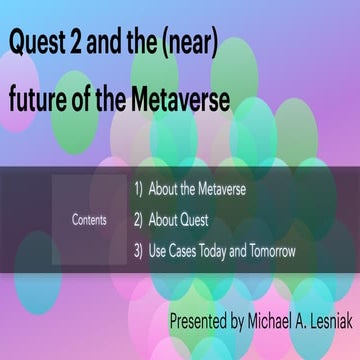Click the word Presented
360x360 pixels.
(x=203, y=322)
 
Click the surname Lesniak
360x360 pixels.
(x=335, y=322)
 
